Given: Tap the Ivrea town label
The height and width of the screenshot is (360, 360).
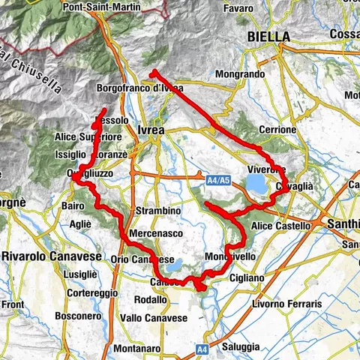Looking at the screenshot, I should point(151,130).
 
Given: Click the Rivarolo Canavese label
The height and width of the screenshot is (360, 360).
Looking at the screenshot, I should point(44,258).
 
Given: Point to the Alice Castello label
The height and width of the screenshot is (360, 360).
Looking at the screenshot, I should point(281,226).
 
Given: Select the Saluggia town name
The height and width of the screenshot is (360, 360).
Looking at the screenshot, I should point(240,346).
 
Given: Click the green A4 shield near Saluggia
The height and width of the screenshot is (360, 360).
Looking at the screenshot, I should point(202,349).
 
